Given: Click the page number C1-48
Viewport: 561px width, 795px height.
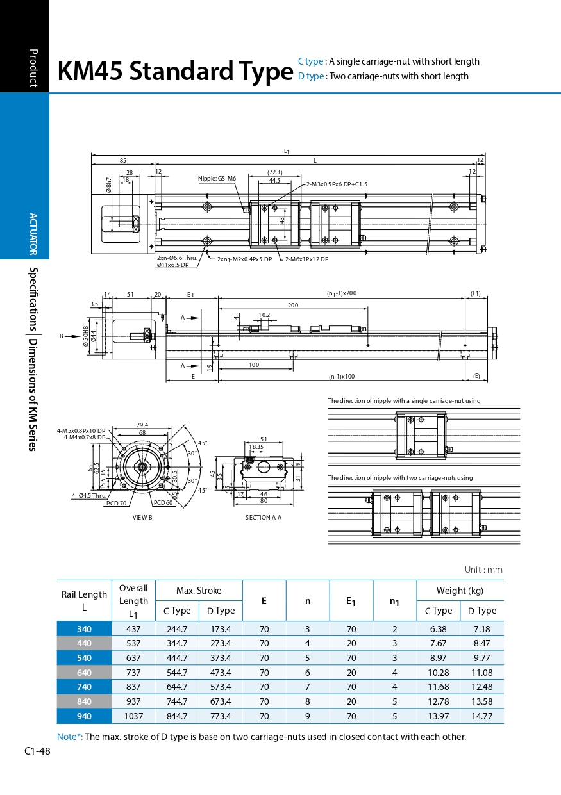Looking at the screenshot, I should coord(37,751).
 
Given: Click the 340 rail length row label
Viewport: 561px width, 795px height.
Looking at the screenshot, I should coord(84,629).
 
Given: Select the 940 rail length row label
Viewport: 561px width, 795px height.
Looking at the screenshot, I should coord(84,716).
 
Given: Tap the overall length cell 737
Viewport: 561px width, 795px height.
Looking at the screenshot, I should coord(133,673).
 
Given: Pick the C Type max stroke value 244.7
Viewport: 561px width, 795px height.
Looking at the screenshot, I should coord(177,629).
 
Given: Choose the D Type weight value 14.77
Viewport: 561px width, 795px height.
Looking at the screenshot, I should coord(481,716).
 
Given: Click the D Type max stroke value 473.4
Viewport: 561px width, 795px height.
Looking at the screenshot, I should coord(221,673).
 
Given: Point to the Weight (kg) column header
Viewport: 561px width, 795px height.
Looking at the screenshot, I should coord(460,591).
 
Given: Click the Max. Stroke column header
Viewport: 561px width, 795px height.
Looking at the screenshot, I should coord(199,591).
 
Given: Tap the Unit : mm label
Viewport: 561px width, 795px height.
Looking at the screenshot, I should coord(483,570).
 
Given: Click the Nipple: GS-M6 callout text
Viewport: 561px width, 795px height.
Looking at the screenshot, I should coord(217,179).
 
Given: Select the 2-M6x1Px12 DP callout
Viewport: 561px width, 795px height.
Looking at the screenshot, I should coord(307,259).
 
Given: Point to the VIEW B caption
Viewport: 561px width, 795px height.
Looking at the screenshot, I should coord(142,517).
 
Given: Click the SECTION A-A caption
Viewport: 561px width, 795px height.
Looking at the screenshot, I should coord(264,517).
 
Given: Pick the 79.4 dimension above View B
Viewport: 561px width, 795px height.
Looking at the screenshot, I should coord(142,425).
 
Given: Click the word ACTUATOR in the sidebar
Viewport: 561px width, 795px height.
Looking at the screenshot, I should coord(33,234).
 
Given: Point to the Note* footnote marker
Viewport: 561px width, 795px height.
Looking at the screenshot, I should coord(69,737).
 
